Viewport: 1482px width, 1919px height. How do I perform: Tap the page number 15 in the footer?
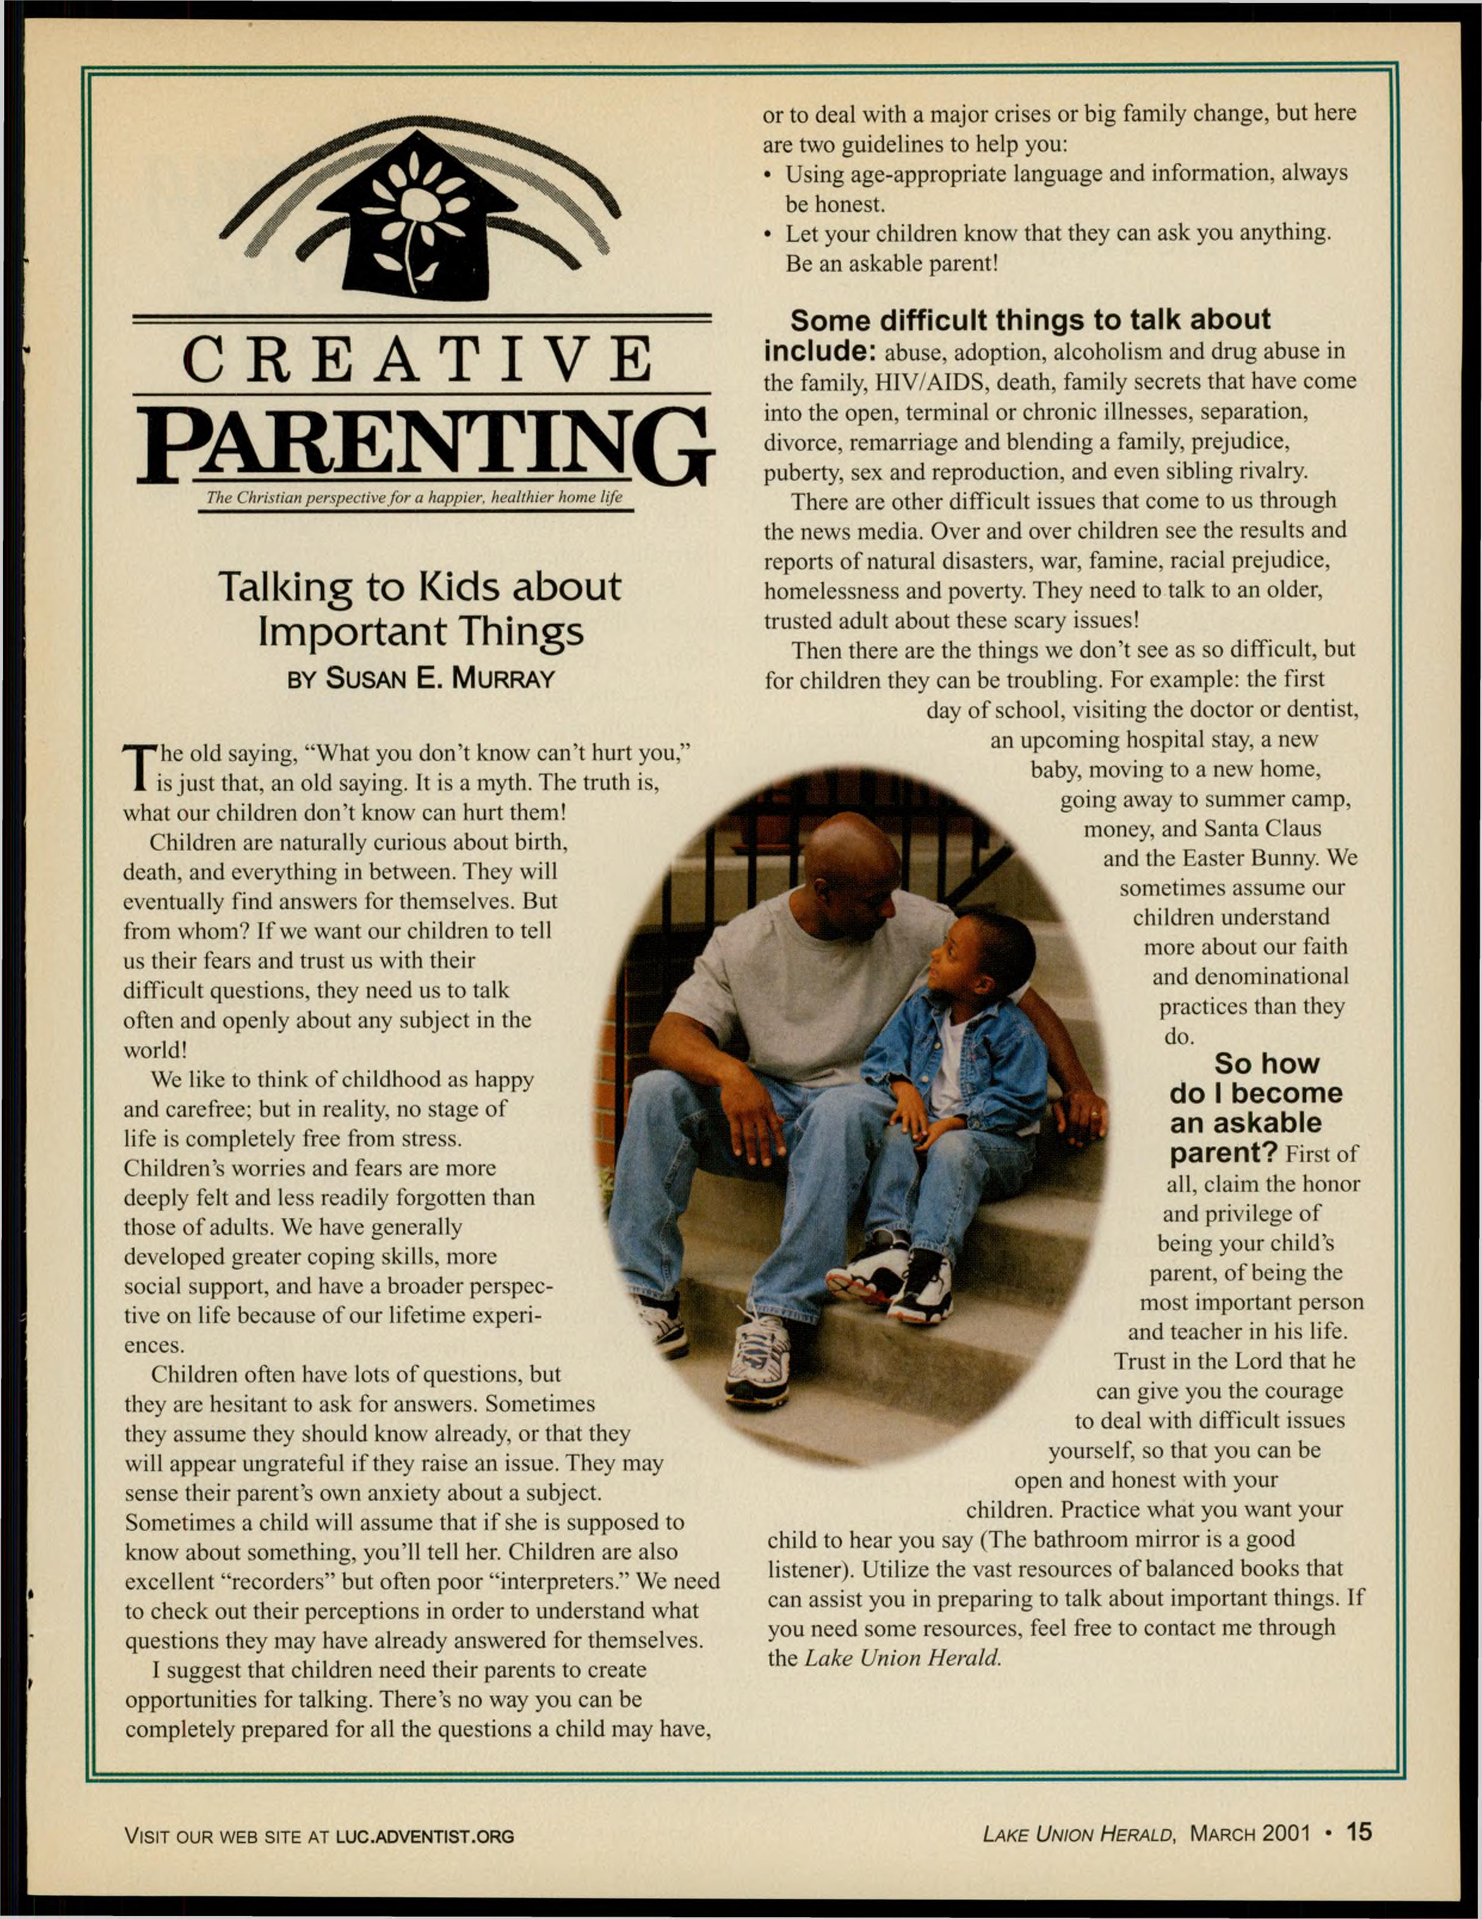pyautogui.click(x=1358, y=1832)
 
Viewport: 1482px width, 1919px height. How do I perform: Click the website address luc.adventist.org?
pyautogui.click(x=425, y=1835)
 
